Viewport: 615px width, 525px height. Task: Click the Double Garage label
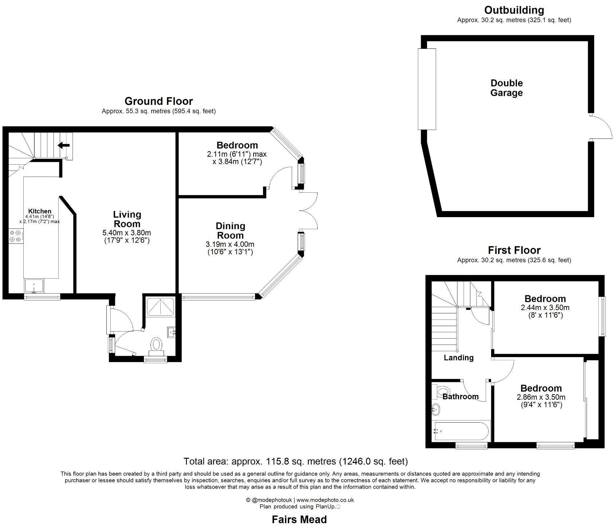[x=506, y=88]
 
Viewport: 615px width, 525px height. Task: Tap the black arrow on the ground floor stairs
[x=64, y=145]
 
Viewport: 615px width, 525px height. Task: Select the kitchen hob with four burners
[x=15, y=236]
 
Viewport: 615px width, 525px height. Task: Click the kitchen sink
[x=34, y=286]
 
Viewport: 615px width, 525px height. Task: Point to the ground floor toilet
[x=157, y=345]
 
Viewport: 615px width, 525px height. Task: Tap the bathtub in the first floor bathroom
[x=461, y=431]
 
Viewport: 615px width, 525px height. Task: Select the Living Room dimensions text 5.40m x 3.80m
[x=127, y=232]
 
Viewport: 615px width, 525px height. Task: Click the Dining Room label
[x=230, y=231]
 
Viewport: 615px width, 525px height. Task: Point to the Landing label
[x=458, y=358]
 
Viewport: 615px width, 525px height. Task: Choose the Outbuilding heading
[x=514, y=10]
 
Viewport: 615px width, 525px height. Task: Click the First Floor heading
[x=514, y=250]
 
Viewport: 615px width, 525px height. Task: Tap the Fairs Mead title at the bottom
[x=299, y=519]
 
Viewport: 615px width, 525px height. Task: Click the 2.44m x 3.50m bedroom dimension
[x=545, y=307]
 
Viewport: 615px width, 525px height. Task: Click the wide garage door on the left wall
[x=427, y=89]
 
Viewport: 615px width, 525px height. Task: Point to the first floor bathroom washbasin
[x=435, y=410]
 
